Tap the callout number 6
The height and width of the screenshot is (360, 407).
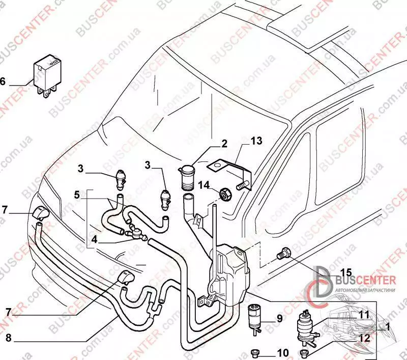coord(4,81)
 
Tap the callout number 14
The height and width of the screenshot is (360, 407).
coord(203,184)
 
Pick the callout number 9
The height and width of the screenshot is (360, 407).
coord(279,320)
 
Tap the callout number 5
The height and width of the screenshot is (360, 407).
coord(77,194)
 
